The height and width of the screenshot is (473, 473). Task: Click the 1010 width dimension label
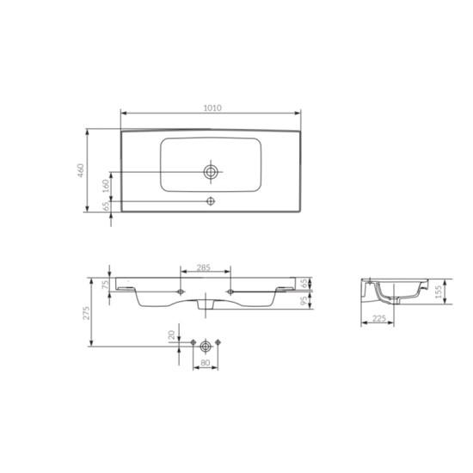point(212,107)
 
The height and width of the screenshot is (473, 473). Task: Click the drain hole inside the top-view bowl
point(211,172)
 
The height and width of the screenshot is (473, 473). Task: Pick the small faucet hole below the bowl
point(211,200)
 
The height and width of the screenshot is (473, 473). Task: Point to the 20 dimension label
point(172,334)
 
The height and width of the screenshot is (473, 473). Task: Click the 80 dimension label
point(206,363)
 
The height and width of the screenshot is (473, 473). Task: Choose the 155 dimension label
point(439,292)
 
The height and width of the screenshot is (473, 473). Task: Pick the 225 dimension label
point(378,318)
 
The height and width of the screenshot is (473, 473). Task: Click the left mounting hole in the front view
point(179,292)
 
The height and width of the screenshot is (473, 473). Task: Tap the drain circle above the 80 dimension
point(206,346)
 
